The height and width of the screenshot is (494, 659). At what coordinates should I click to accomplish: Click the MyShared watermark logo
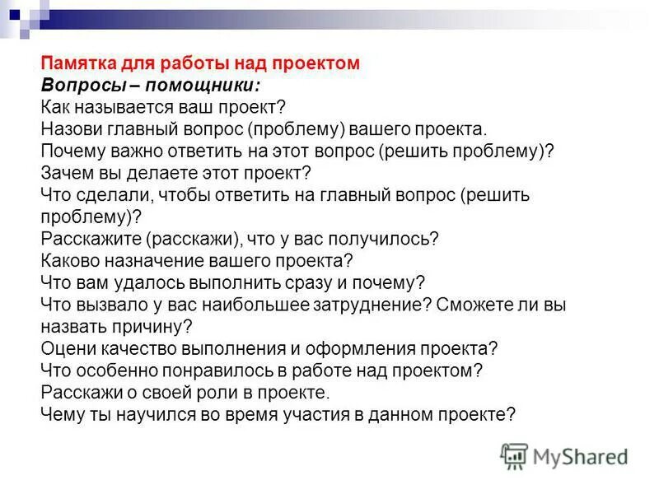click(x=564, y=456)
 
